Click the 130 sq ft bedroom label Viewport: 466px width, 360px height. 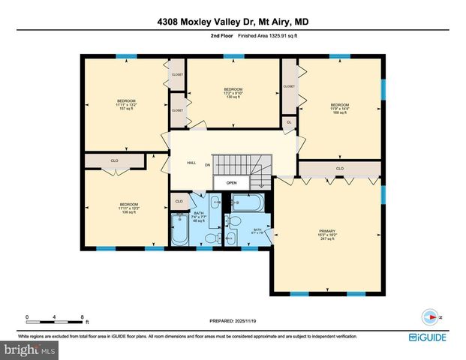[x=233, y=93]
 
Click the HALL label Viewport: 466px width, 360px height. [x=191, y=163]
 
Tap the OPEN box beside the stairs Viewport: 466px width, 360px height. [x=232, y=182]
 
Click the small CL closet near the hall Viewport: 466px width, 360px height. [x=289, y=121]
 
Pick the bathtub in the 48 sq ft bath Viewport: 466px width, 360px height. [x=181, y=231]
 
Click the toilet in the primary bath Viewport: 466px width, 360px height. [x=233, y=222]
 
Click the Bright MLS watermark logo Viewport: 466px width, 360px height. [x=30, y=349]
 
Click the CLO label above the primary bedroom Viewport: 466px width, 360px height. [x=339, y=168]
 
